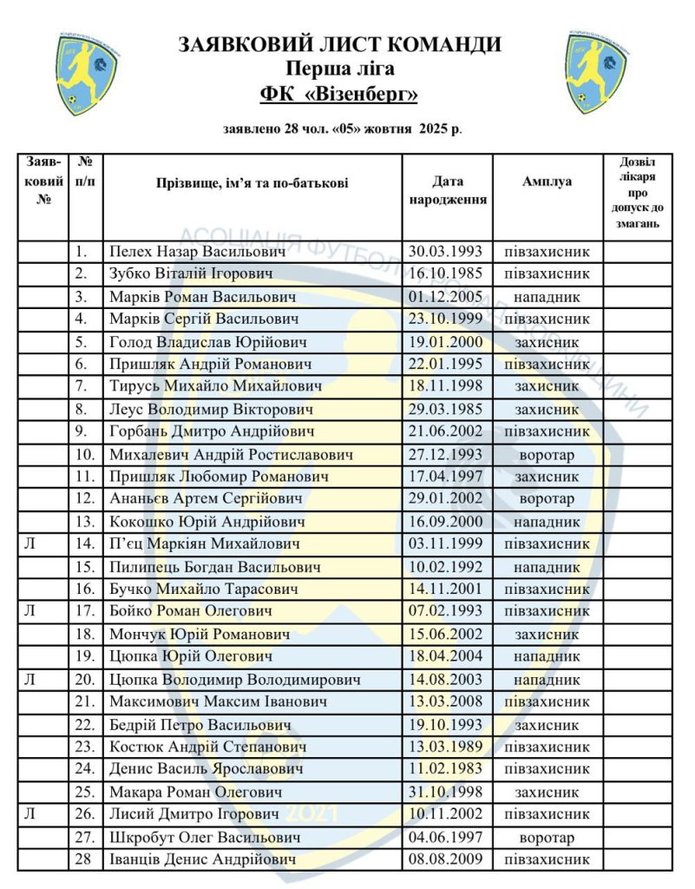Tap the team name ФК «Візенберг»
coord(339,93)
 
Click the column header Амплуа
coord(547,182)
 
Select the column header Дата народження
coord(447,190)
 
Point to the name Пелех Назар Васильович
coord(197,252)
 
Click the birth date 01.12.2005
coord(447,297)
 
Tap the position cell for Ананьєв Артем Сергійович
coord(547,499)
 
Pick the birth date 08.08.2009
coord(447,859)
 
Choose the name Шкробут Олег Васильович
coord(205,837)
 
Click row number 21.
coord(84,701)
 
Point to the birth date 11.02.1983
coord(447,769)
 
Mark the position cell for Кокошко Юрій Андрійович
coord(547,522)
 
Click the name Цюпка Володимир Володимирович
coord(235,679)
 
